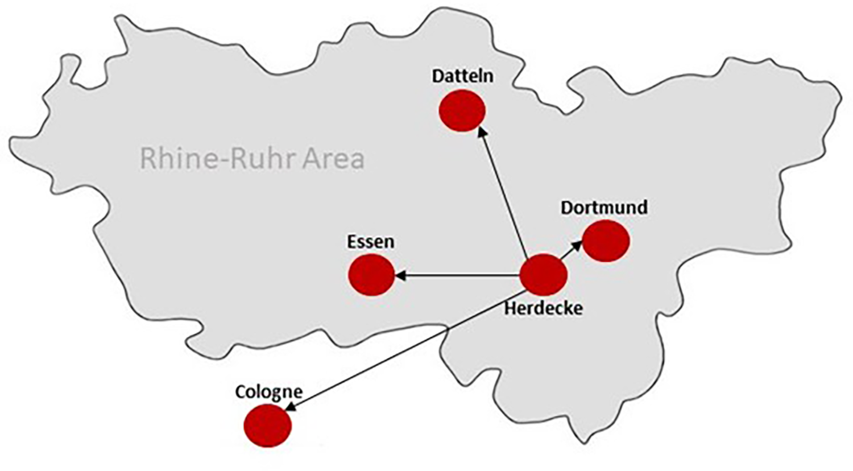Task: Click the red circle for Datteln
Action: [x=462, y=110]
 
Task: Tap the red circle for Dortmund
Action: [x=606, y=241]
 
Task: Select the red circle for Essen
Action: [x=371, y=275]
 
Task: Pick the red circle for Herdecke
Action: [x=544, y=275]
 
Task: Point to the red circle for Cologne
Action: [x=267, y=425]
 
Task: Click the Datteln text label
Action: [x=462, y=76]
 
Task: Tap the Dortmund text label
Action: [x=604, y=208]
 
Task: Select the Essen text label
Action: [x=370, y=242]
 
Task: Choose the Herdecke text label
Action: [x=544, y=308]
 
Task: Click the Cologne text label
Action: [x=268, y=392]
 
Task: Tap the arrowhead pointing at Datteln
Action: [x=482, y=132]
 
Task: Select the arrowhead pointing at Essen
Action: [x=400, y=276]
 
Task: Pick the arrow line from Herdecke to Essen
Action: [x=461, y=276]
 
